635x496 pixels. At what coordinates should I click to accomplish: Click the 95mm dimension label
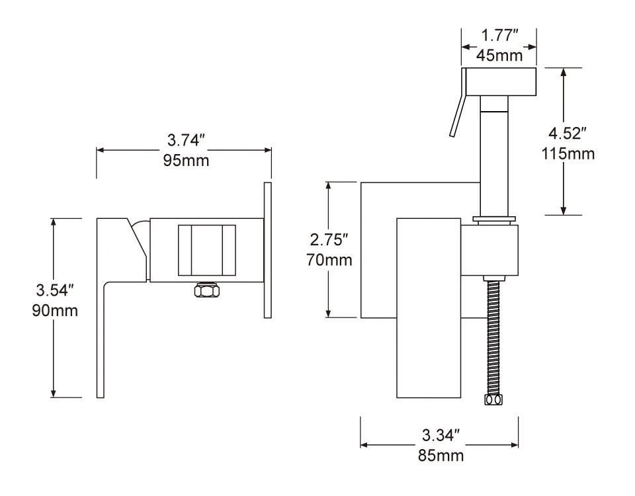[x=187, y=160]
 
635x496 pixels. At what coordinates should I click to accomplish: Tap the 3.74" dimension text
[x=187, y=140]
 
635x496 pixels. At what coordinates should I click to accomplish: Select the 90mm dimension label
[x=55, y=311]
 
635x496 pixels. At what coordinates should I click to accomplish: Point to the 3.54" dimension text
[x=55, y=290]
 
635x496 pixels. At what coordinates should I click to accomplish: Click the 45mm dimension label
[x=499, y=55]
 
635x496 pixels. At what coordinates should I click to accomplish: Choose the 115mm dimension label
[x=568, y=153]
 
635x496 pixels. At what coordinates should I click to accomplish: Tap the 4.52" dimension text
[x=568, y=133]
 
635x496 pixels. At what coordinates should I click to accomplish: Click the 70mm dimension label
[x=329, y=259]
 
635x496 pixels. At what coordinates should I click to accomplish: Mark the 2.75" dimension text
[x=329, y=239]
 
